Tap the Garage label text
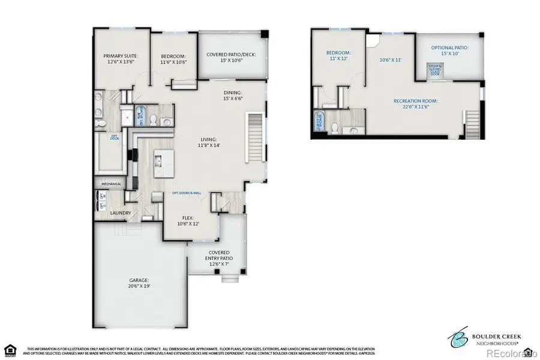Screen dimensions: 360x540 pos(139,283)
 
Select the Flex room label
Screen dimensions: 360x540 pos(188,221)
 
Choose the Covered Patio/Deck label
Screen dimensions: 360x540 pos(231,57)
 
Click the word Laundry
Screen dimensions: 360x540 pos(120,212)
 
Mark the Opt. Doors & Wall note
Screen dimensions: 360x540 pos(187,193)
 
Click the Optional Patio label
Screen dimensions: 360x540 pos(450,50)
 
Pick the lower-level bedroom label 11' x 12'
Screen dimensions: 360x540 pos(338,56)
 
